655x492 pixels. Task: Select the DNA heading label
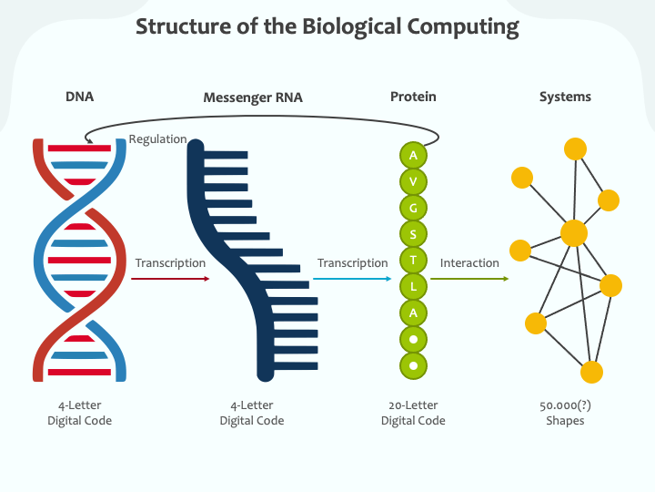point(79,97)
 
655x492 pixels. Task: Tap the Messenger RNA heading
point(253,97)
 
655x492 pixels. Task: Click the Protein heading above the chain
point(413,97)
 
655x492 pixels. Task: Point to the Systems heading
point(565,97)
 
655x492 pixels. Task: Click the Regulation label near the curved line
point(157,139)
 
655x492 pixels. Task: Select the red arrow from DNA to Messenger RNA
point(170,278)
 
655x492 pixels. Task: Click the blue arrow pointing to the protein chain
point(353,278)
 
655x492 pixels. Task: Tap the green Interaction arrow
point(469,278)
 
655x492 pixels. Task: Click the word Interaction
point(469,263)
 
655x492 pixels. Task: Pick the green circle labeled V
point(413,181)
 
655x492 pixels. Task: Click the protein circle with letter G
point(413,208)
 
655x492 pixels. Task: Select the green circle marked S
point(413,234)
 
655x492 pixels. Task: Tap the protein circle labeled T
point(413,261)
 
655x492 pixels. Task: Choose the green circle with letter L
point(413,287)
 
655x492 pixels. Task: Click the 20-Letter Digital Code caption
point(413,413)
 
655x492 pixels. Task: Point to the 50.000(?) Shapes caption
point(565,413)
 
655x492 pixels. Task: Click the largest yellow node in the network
point(574,233)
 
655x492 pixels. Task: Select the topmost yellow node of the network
point(575,149)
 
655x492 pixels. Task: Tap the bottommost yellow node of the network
point(591,372)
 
